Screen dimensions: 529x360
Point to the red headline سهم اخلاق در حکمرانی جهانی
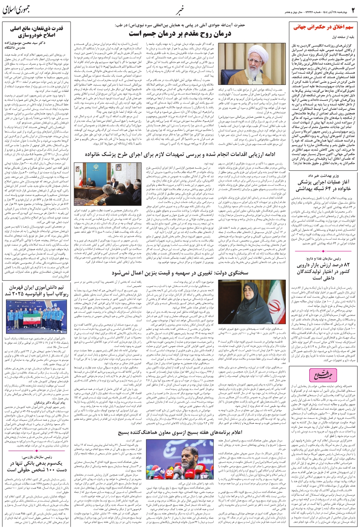click(323, 28)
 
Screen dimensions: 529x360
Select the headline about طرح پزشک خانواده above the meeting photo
click(179, 144)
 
